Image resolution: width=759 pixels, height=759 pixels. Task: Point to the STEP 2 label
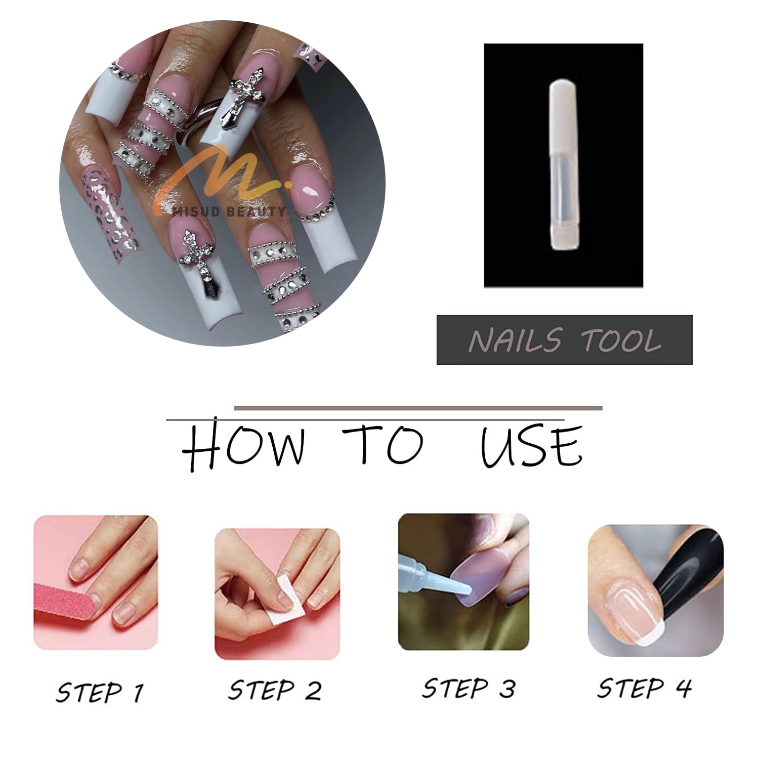click(x=275, y=690)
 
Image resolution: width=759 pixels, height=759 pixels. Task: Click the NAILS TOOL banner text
click(x=565, y=340)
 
